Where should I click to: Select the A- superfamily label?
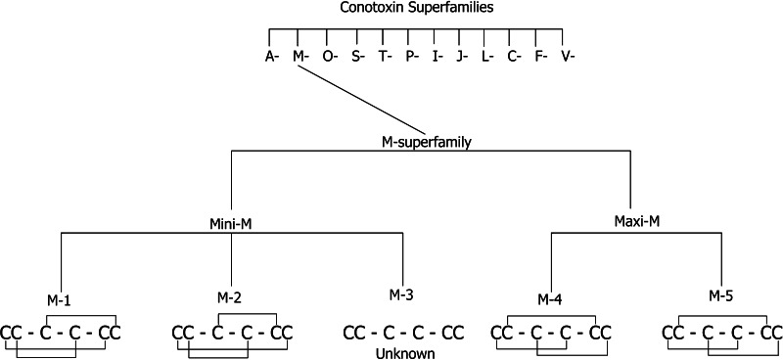coord(272,56)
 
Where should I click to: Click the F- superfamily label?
coord(539,56)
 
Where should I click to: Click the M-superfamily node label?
coord(426,142)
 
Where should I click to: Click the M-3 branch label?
coord(401,292)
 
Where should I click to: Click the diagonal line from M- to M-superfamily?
coord(362,99)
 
